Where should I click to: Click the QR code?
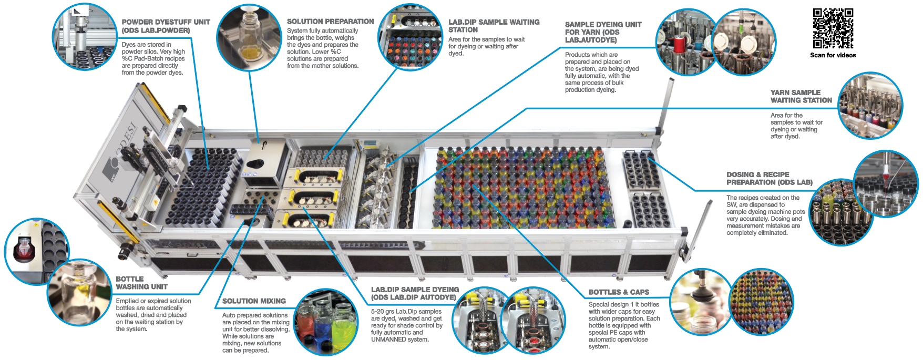pos(833,28)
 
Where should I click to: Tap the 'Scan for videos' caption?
pos(833,55)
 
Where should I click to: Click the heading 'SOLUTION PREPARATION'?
pos(330,22)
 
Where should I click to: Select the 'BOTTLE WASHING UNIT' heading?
pos(141,283)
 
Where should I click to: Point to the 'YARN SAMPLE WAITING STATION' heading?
pos(801,96)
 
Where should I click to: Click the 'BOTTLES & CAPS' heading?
pos(618,292)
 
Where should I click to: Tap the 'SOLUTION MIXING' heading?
pos(254,301)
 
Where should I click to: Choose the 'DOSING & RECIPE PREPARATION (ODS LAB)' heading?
pos(769,178)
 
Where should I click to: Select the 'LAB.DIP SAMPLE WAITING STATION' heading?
pos(494,26)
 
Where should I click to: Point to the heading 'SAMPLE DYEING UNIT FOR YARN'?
pos(603,32)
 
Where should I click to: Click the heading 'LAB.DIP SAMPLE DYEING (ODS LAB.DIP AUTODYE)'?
pos(414,293)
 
